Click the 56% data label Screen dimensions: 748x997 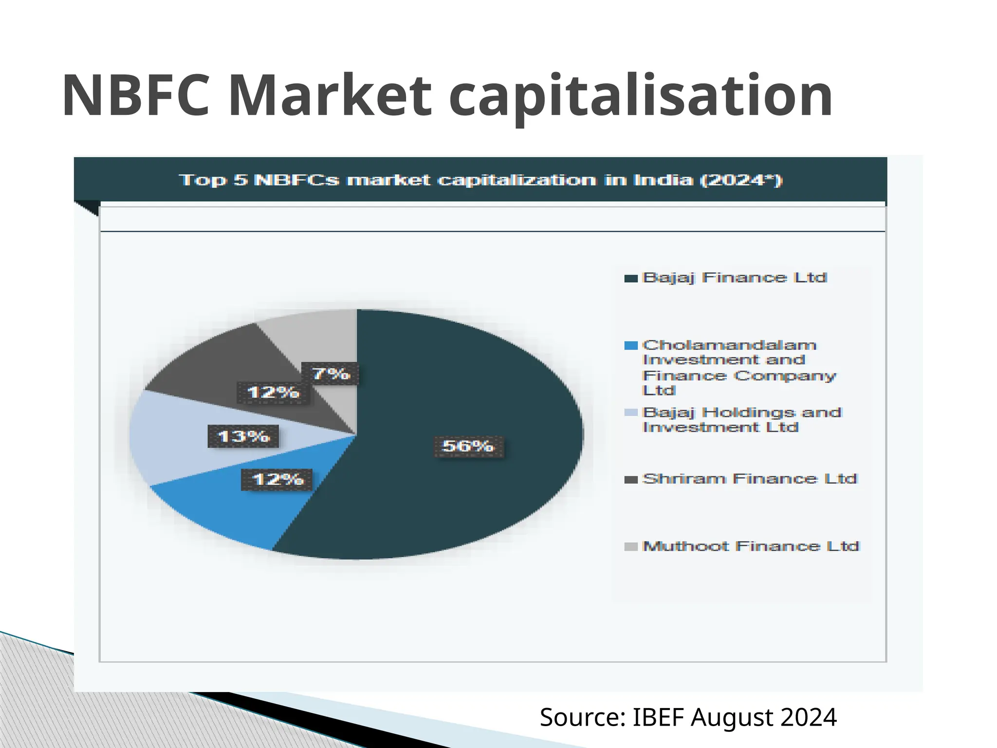click(x=468, y=446)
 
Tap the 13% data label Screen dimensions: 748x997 click(x=243, y=436)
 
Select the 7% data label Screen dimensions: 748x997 click(x=331, y=374)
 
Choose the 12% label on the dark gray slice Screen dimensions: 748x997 click(x=273, y=393)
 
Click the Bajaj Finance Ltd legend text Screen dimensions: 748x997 click(x=735, y=278)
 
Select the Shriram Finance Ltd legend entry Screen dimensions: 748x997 click(x=749, y=479)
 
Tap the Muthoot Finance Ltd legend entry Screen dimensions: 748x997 click(x=751, y=546)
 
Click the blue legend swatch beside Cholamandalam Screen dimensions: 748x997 click(x=631, y=346)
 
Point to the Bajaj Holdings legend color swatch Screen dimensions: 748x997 click(x=631, y=413)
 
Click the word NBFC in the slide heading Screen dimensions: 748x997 click(x=136, y=95)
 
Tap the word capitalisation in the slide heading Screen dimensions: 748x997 click(x=640, y=96)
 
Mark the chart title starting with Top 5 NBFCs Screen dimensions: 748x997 click(x=480, y=180)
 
